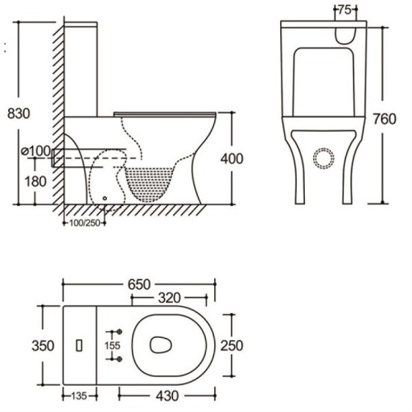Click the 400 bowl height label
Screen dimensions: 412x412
coord(231,159)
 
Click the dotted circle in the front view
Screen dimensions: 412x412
coord(323,157)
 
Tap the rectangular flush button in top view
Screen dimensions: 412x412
coord(81,345)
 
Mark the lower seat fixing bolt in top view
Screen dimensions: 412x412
coord(119,359)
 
